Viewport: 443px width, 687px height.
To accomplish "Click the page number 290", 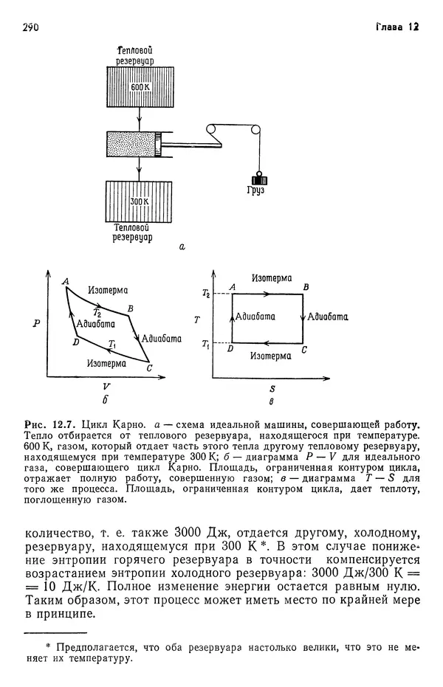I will click(30, 28).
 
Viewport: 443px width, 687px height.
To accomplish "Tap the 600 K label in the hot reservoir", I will click(139, 87).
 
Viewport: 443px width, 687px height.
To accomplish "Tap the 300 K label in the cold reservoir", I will click(139, 201).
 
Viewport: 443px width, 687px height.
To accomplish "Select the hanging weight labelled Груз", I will click(259, 180).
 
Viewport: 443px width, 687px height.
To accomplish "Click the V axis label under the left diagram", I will click(106, 386).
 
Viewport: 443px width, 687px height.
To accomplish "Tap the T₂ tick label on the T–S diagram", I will click(206, 294).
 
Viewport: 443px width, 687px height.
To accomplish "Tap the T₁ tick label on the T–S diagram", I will click(206, 344).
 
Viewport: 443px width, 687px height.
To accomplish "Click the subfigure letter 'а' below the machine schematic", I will click(182, 249).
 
